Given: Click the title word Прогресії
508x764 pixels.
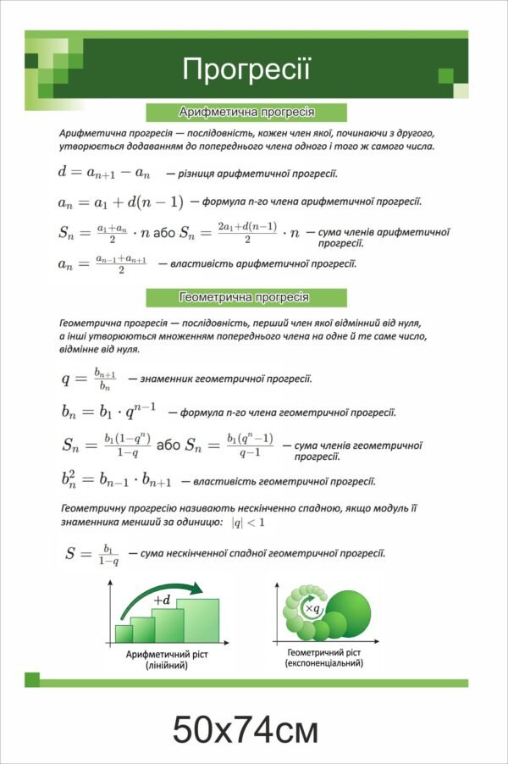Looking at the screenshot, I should tap(247, 69).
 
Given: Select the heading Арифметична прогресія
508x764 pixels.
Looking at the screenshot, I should tap(247, 112).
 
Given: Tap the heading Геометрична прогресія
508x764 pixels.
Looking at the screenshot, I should tap(247, 297).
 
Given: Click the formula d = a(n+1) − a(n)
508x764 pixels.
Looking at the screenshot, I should tap(104, 173).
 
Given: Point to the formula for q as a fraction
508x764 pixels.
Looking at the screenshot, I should tap(87, 378).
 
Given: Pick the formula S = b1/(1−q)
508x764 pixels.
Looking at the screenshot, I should tap(92, 554).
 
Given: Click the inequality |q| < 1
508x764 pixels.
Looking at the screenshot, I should tap(248, 523).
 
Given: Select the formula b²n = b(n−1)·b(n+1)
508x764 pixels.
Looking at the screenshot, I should tap(117, 481).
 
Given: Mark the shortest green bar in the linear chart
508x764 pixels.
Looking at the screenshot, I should tap(124, 634).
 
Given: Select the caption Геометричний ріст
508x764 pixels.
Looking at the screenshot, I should tap(324, 652).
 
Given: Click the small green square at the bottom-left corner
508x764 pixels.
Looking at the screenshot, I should tap(32, 679).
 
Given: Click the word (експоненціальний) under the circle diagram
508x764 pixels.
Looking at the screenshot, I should tap(324, 663).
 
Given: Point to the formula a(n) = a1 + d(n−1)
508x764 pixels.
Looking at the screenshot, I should tap(120, 202).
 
